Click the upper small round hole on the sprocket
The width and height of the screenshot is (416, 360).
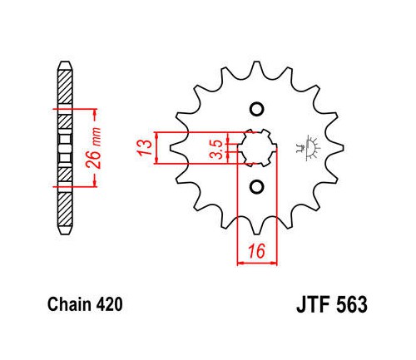(x=257, y=109)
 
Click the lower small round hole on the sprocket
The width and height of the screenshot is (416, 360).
(x=257, y=187)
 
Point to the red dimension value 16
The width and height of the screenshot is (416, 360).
(x=256, y=251)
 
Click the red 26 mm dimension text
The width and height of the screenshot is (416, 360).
(x=93, y=148)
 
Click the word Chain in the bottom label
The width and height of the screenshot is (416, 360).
(x=70, y=304)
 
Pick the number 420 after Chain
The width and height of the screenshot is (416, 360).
(x=109, y=304)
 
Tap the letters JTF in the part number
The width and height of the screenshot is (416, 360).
(x=314, y=304)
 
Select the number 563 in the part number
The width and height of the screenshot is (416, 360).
(x=352, y=304)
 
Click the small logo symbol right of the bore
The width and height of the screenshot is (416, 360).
(x=307, y=147)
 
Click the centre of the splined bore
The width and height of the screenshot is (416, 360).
(x=257, y=148)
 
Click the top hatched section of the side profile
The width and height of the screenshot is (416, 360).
(x=66, y=86)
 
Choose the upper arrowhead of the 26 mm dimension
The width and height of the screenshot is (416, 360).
(x=95, y=112)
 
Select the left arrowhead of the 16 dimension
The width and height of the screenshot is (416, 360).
(x=240, y=263)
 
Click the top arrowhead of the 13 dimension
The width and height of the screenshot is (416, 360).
(x=157, y=136)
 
